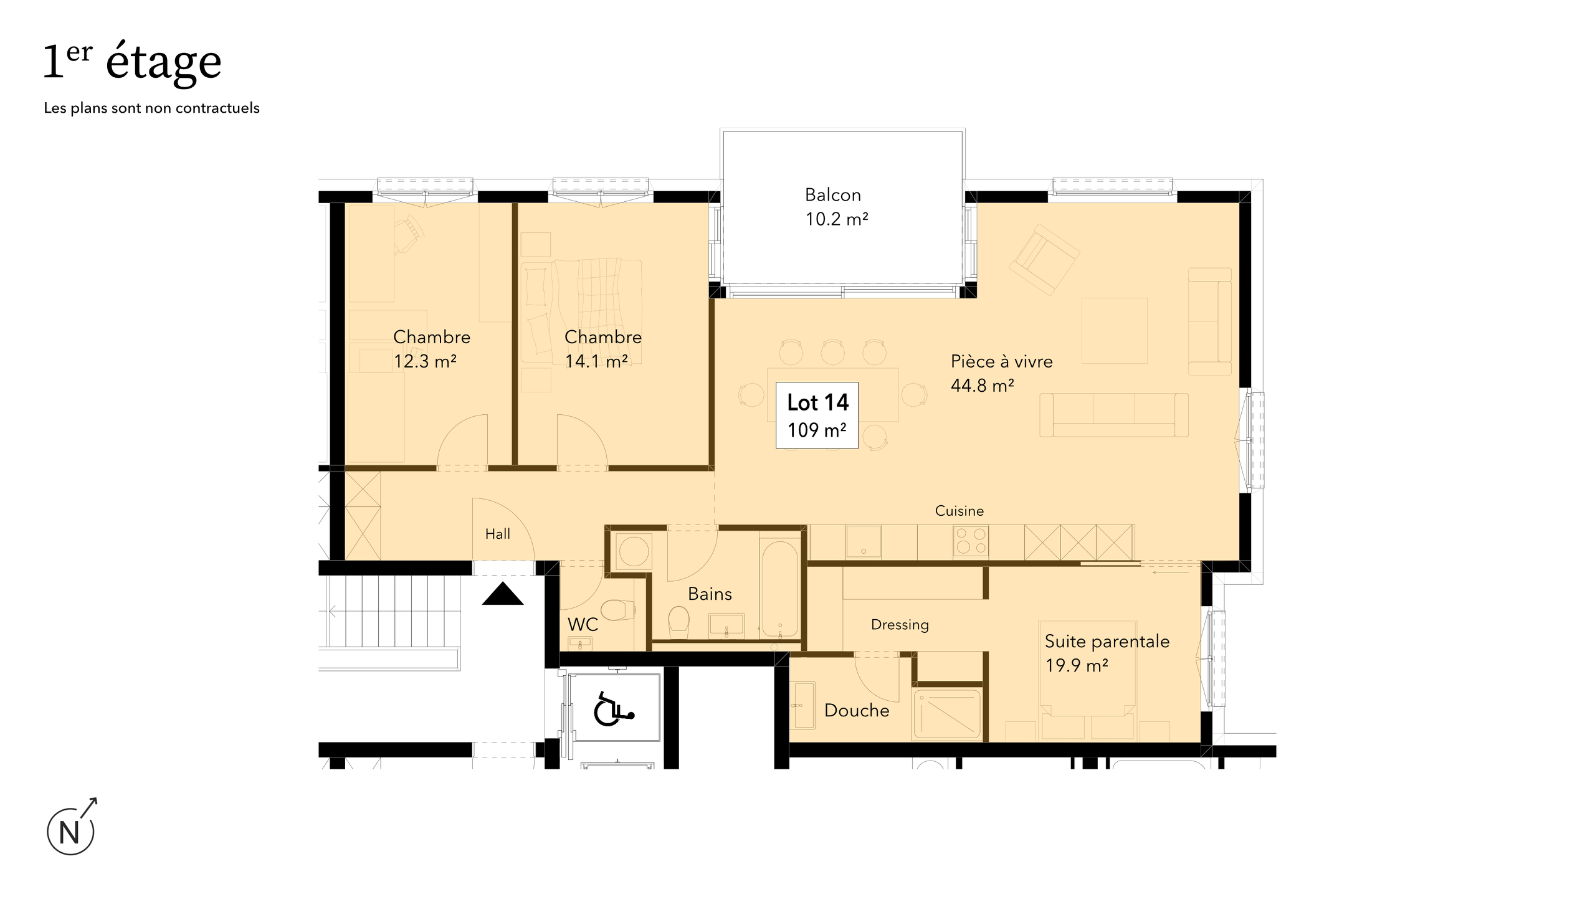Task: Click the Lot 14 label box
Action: pos(817,415)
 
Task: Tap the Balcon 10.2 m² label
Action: pos(836,207)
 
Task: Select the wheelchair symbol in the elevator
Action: pos(613,709)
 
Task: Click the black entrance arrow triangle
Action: pos(503,595)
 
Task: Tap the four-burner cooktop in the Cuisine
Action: pos(971,541)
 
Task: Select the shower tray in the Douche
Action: pos(946,714)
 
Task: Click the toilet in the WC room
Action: pos(617,610)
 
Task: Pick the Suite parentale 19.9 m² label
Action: pos(1107,653)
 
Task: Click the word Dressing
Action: pos(900,625)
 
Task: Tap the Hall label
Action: pos(497,534)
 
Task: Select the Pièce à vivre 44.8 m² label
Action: pos(1001,373)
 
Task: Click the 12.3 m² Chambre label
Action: pos(431,349)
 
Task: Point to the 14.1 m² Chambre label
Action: pos(602,349)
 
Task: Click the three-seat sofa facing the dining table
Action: pos(1113,415)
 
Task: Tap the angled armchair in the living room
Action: pos(1044,259)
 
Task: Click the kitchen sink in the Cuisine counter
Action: pos(863,541)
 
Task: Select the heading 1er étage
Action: pos(132,62)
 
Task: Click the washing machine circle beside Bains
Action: pos(634,551)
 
